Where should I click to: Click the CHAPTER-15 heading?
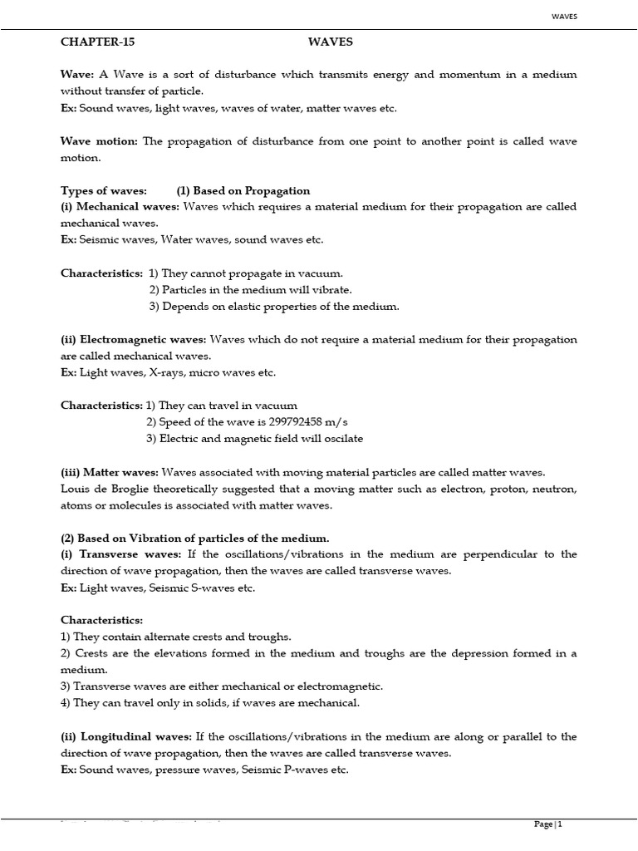pyautogui.click(x=97, y=41)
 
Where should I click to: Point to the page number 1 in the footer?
pyautogui.click(x=560, y=824)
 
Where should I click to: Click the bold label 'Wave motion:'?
pyautogui.click(x=101, y=141)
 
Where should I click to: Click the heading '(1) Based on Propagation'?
pyautogui.click(x=243, y=190)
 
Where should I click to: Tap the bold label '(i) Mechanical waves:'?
pyautogui.click(x=120, y=207)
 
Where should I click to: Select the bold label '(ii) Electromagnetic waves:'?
pyautogui.click(x=135, y=339)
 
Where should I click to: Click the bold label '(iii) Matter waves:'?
pyautogui.click(x=110, y=471)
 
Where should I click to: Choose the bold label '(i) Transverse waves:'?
pyautogui.click(x=119, y=554)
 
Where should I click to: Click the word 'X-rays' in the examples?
pyautogui.click(x=166, y=372)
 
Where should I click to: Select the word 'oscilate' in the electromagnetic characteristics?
pyautogui.click(x=341, y=439)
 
